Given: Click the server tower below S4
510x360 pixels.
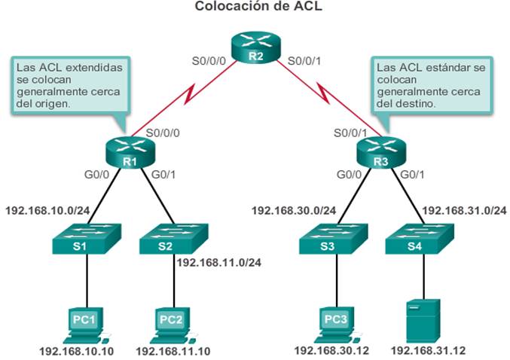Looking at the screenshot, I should pyautogui.click(x=422, y=319).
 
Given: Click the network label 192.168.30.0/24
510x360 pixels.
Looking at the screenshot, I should pyautogui.click(x=294, y=211).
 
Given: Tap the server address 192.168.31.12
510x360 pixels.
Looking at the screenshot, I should pyautogui.click(x=425, y=351).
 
